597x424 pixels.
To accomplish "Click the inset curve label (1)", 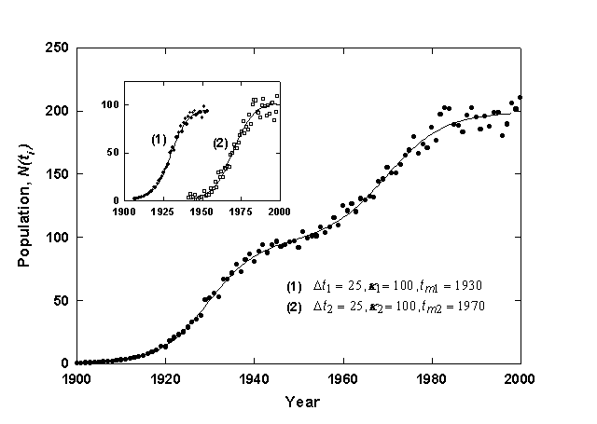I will (x=159, y=139).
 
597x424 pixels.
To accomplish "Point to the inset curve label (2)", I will (x=219, y=143).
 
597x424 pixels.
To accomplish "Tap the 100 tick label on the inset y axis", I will (x=111, y=104).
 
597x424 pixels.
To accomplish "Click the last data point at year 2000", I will (x=521, y=97).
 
